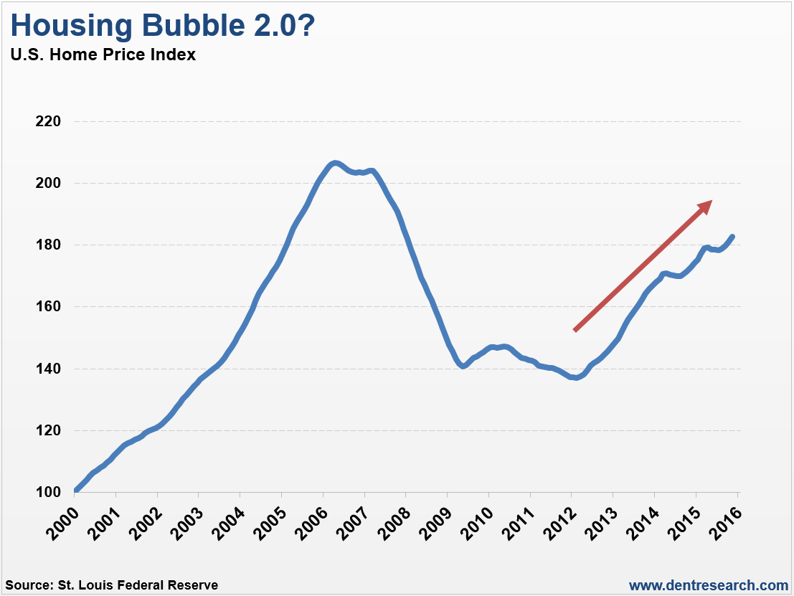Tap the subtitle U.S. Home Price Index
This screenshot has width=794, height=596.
pyautogui.click(x=103, y=55)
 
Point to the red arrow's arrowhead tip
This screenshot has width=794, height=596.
pyautogui.click(x=712, y=201)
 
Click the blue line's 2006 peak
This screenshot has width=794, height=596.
pyautogui.click(x=335, y=163)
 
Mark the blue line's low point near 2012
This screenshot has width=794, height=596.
pyautogui.click(x=576, y=378)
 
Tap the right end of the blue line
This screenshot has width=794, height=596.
pyautogui.click(x=732, y=236)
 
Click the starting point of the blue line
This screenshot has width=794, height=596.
pyautogui.click(x=75, y=491)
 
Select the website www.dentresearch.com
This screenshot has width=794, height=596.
pyautogui.click(x=709, y=585)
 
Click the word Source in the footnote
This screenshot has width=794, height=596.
pyautogui.click(x=27, y=585)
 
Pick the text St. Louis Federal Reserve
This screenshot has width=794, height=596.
pyautogui.click(x=137, y=585)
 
